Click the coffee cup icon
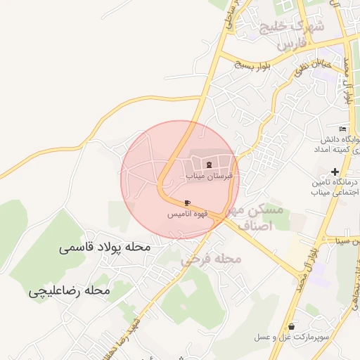coord(186,202)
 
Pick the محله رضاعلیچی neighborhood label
coord(70,290)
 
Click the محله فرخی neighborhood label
coord(211,259)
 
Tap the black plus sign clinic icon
coord(335,171)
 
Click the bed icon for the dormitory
coord(342,129)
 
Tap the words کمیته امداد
coord(339,150)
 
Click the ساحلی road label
coord(233,17)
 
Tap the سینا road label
coord(349,241)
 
